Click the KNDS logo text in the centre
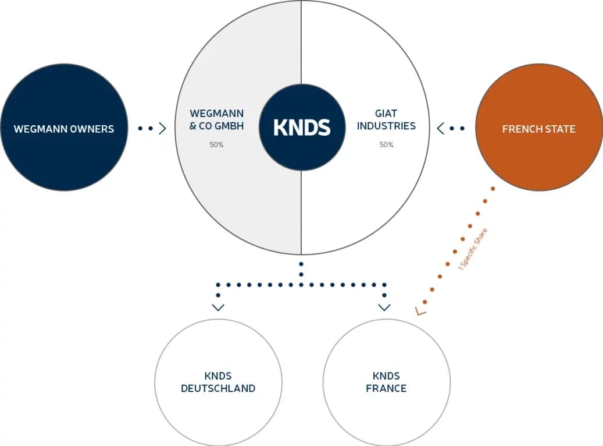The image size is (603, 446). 302,127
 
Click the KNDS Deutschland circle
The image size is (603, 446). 218,383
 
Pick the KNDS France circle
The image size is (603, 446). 386,383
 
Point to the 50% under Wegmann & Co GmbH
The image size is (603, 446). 216,145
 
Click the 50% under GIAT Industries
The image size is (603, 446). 386,145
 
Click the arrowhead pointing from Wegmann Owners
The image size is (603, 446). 163,128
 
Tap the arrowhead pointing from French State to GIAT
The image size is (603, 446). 441,128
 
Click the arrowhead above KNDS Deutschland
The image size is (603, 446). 218,307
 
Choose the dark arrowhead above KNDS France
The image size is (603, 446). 384,307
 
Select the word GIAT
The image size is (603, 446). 386,114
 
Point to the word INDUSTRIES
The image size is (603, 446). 386,126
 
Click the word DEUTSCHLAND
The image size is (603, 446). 218,389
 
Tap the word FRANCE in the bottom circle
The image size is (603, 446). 386,389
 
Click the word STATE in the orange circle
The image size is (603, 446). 559,129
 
